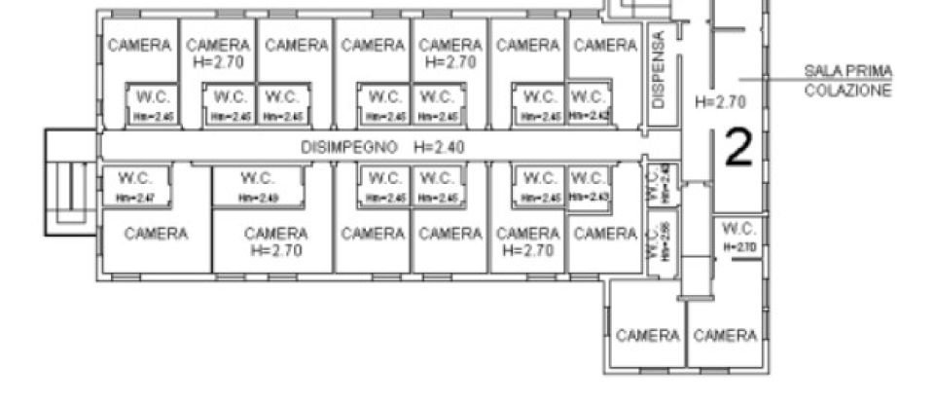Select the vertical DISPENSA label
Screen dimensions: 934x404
point(659,68)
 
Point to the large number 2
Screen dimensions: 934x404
point(740,148)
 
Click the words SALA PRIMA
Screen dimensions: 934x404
point(847,71)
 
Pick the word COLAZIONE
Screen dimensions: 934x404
point(847,90)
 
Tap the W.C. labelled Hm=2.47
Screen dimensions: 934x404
point(134,178)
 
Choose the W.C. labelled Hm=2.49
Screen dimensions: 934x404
point(259,178)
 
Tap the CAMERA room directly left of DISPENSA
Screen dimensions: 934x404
point(604,45)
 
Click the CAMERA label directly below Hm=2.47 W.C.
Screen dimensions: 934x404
point(156,234)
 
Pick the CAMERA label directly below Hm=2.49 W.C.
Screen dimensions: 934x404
point(276,234)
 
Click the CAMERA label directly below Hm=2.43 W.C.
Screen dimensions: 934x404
point(604,234)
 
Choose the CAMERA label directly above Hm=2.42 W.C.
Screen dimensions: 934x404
point(604,45)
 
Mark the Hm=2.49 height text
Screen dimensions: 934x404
point(259,199)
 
